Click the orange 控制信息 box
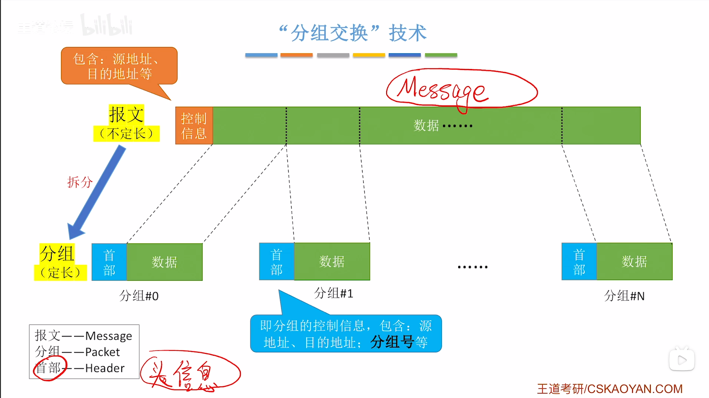click(194, 125)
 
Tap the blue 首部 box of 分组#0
click(109, 262)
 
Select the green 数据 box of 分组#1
click(332, 261)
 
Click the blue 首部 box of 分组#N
click(579, 261)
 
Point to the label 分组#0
click(139, 296)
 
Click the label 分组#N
click(624, 296)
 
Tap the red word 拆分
click(79, 182)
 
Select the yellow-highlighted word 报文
click(126, 114)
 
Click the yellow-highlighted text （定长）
click(60, 273)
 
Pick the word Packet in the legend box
click(102, 352)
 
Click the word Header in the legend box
click(105, 368)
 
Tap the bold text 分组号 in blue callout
click(392, 342)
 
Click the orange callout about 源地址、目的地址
click(119, 66)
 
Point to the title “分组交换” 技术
click(352, 33)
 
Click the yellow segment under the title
click(368, 55)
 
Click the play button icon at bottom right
click(682, 359)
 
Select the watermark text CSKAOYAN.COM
click(634, 389)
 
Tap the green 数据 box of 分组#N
click(634, 261)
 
